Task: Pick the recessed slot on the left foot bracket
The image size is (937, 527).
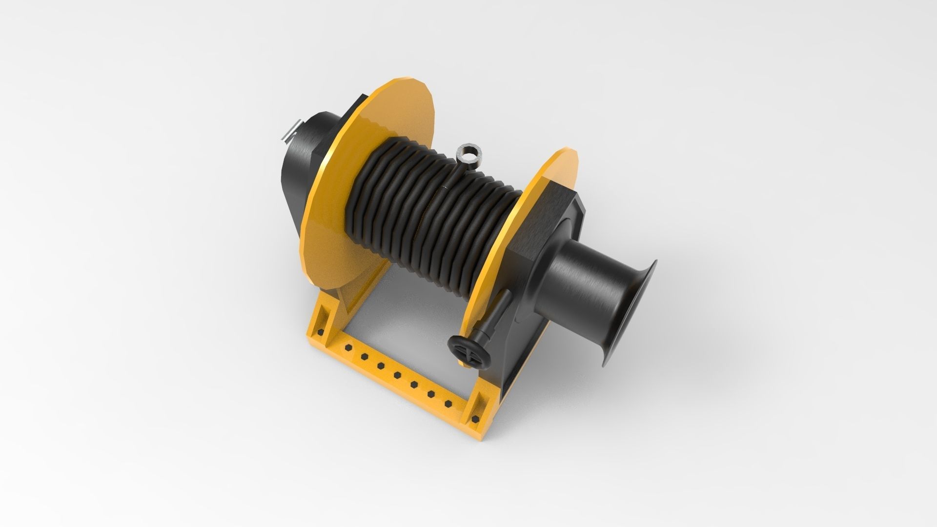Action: [323, 312]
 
